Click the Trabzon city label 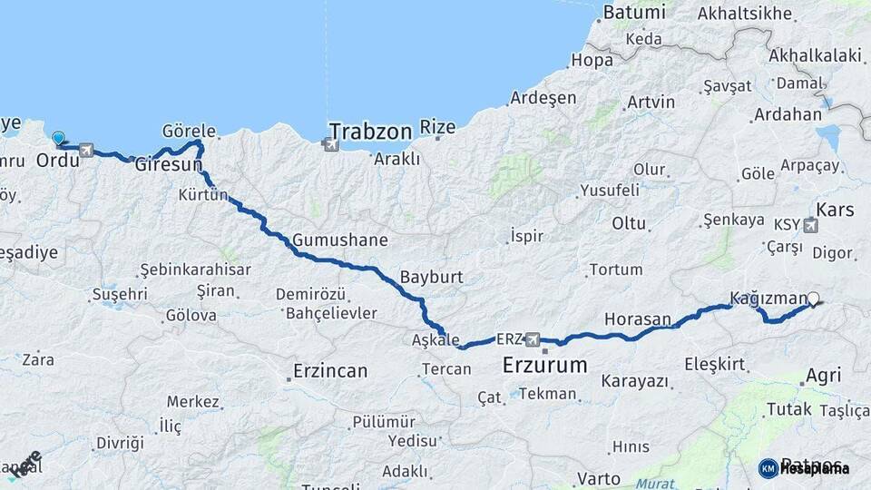click(x=370, y=132)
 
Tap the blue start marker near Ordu click(x=59, y=139)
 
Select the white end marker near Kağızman click(x=813, y=299)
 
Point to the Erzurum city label click(x=544, y=366)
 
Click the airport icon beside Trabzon click(x=328, y=143)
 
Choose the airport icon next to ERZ click(x=533, y=339)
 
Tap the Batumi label click(x=634, y=13)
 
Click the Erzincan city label click(x=330, y=371)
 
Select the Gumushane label click(x=340, y=241)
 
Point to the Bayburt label click(x=432, y=277)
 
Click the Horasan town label click(x=637, y=319)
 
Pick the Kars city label click(x=835, y=211)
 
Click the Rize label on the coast click(x=438, y=128)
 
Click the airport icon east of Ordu click(x=86, y=151)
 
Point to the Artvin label click(x=651, y=102)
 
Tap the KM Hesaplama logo click(x=804, y=468)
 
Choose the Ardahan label click(x=787, y=115)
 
